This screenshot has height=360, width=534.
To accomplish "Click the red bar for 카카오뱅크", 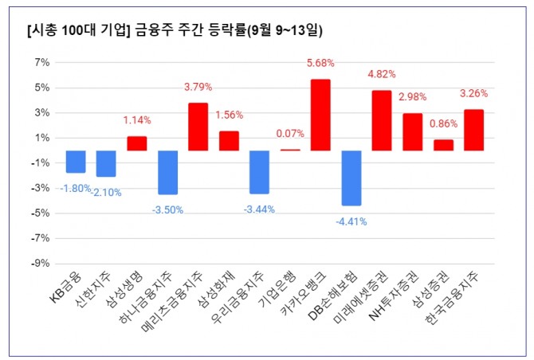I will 320,115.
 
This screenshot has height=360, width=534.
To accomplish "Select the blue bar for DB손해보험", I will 351,178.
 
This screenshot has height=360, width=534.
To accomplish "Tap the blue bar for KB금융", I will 76,162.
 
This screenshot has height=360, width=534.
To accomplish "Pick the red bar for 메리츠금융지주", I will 198,127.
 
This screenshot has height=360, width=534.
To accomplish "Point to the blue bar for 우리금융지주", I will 259,172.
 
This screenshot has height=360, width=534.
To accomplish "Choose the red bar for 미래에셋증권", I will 382,120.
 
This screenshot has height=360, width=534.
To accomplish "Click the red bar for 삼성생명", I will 137,143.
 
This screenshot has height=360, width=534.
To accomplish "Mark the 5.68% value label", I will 320,63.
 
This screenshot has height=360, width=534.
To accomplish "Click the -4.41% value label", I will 351,221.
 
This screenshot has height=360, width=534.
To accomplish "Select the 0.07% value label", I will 290,134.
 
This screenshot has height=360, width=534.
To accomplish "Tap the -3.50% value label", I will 167,209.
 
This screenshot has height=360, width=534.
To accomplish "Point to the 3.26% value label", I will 473,93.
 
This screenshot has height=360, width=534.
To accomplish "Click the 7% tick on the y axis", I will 41,62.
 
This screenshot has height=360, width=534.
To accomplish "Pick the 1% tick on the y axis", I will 41,138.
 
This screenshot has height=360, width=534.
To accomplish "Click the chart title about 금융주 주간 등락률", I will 175,30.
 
